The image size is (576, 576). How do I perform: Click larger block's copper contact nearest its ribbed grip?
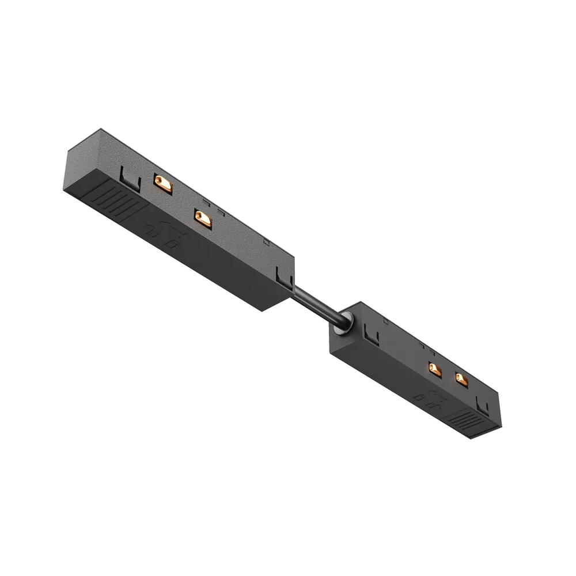[x=162, y=184]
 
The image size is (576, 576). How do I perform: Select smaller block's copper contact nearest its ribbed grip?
[x=461, y=378]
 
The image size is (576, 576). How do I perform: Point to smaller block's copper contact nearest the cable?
[x=435, y=369]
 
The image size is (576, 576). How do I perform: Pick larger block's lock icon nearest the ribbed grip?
[x=153, y=232]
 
